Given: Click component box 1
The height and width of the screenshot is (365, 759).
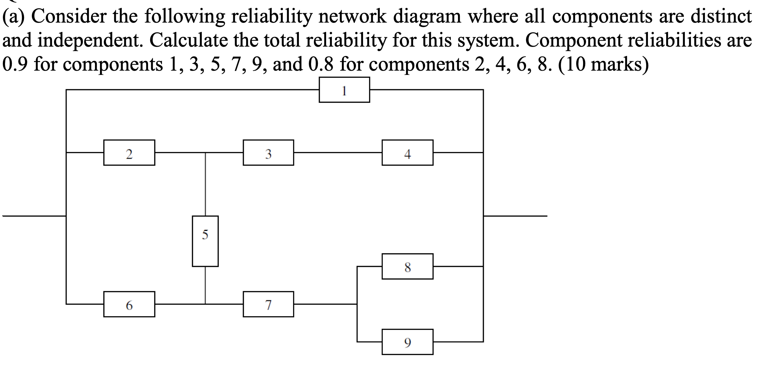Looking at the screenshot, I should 344,90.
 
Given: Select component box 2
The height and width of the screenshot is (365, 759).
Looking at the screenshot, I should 129,153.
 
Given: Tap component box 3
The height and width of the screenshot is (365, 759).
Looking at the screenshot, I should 268,153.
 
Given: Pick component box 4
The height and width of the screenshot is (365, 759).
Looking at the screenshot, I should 407,153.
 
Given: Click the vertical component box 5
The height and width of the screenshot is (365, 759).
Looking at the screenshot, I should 205,241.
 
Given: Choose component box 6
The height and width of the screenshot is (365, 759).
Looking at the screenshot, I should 129,304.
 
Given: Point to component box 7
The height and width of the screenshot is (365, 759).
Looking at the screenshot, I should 268,304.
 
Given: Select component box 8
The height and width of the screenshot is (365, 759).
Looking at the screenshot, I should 407,266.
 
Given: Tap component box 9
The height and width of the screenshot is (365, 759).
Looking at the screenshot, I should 407,342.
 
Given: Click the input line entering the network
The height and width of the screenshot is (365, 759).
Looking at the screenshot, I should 34,216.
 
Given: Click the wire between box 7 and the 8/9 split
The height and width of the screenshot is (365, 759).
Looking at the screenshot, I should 325,304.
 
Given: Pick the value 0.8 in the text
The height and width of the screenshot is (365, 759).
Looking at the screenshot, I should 321,65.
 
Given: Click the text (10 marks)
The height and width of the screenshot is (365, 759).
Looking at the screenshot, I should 603,65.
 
